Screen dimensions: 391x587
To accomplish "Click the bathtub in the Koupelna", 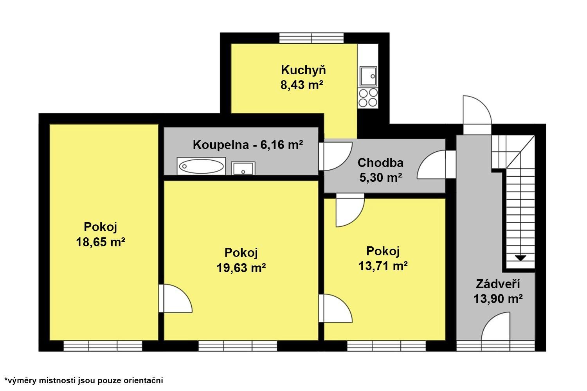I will coord(201,167).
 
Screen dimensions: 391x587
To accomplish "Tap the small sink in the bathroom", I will coord(243,169).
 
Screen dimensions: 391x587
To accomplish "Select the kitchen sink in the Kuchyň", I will coord(368,76).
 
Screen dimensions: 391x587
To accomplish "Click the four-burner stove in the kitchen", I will coord(368,98).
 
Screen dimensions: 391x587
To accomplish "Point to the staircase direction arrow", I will coord(520,258).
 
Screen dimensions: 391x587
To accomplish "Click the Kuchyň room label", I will coord(303,70).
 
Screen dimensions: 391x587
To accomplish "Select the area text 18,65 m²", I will coord(100,242).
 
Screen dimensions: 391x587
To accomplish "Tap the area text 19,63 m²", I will coord(241,268).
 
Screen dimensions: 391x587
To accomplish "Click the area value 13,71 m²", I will coord(383,266).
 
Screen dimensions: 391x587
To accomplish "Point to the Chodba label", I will coord(380,162).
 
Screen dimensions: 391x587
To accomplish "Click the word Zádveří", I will coord(498,284).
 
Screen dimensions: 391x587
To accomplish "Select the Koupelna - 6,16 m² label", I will coord(248,145).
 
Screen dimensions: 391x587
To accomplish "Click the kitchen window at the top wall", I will coord(312,38).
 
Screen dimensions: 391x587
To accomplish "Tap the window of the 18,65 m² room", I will coord(103,346).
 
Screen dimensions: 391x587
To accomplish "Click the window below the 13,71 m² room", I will coord(386,346).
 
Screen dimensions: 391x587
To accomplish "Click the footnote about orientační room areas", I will coord(83,380).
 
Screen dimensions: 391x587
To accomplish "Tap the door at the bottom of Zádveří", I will coord(496,328).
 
